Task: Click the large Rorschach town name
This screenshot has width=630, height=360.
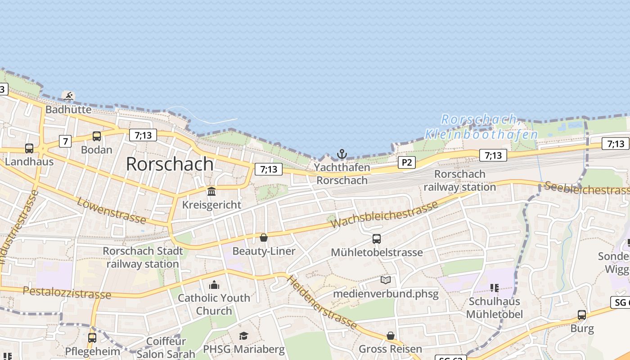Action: click(x=170, y=164)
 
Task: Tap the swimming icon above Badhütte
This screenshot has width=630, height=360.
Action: click(x=69, y=96)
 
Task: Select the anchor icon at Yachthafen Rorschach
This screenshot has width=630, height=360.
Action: click(x=342, y=154)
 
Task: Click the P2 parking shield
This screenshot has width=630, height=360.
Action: click(x=406, y=162)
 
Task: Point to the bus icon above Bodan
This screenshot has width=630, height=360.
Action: click(x=96, y=136)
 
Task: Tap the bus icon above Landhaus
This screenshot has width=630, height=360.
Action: click(x=29, y=148)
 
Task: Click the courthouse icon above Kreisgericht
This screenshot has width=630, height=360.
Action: click(x=211, y=192)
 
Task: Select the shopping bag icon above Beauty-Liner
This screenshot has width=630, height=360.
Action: click(x=264, y=238)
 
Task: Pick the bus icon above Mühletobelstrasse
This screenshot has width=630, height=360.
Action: click(x=377, y=239)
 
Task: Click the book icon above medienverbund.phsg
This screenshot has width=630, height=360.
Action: click(x=386, y=280)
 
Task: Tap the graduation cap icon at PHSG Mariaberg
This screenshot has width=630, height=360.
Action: click(x=243, y=336)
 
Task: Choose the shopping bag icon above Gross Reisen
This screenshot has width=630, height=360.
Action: click(x=391, y=336)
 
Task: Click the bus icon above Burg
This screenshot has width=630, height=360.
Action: click(x=582, y=315)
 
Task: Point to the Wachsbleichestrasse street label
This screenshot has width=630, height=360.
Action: click(x=384, y=214)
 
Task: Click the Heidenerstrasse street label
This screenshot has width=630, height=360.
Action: click(x=322, y=302)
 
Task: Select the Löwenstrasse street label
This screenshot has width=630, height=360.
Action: click(x=111, y=210)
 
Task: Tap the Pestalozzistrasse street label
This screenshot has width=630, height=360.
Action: click(x=67, y=292)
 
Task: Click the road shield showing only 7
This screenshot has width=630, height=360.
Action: click(x=66, y=141)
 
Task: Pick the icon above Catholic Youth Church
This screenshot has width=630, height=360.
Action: click(x=214, y=285)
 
